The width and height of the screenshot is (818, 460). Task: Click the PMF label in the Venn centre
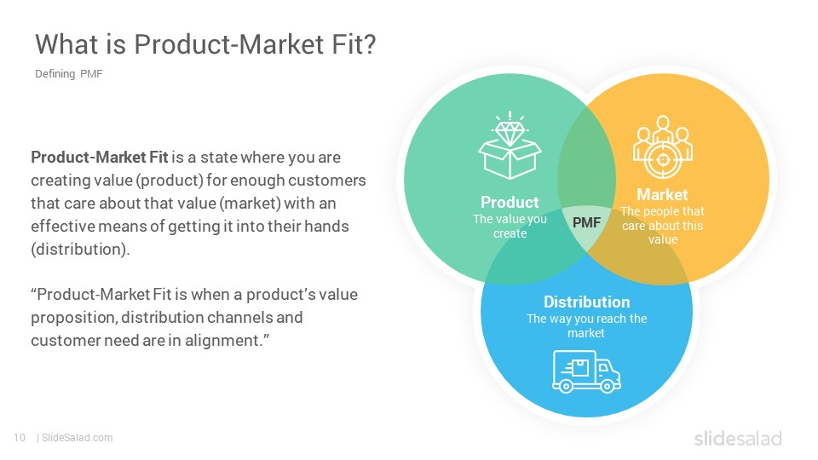tap(586, 222)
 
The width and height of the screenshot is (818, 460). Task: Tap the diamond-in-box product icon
tap(510, 146)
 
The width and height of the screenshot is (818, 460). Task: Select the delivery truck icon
tap(586, 371)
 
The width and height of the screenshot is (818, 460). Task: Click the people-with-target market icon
tap(663, 147)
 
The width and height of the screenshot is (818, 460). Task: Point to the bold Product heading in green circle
tap(510, 202)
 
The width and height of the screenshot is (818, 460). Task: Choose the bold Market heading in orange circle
tap(663, 194)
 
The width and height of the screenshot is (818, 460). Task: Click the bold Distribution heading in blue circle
tap(587, 302)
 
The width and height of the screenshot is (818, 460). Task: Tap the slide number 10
tap(20, 438)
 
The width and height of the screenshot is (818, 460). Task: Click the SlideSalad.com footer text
tap(78, 438)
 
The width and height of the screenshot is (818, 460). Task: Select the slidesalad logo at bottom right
tap(738, 438)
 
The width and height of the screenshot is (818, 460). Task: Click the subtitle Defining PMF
tap(69, 74)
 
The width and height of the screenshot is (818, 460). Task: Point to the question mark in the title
tap(369, 43)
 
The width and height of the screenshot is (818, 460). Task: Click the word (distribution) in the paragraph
tap(80, 250)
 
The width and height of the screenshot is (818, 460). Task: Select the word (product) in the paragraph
tap(170, 181)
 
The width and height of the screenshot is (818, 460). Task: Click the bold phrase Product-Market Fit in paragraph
tap(100, 157)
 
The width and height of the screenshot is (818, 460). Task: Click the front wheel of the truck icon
tap(607, 386)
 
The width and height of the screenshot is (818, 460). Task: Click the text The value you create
tap(510, 227)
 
